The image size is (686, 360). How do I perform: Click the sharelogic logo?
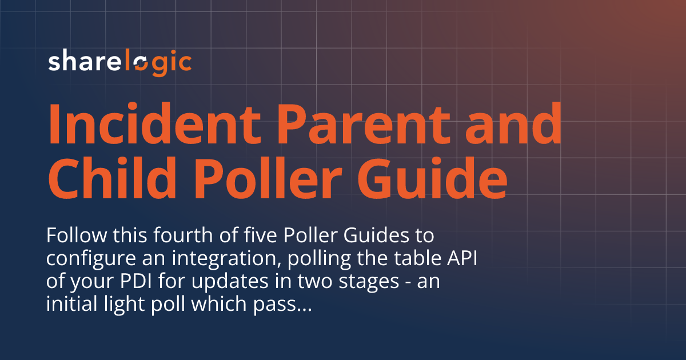[x=119, y=62]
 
